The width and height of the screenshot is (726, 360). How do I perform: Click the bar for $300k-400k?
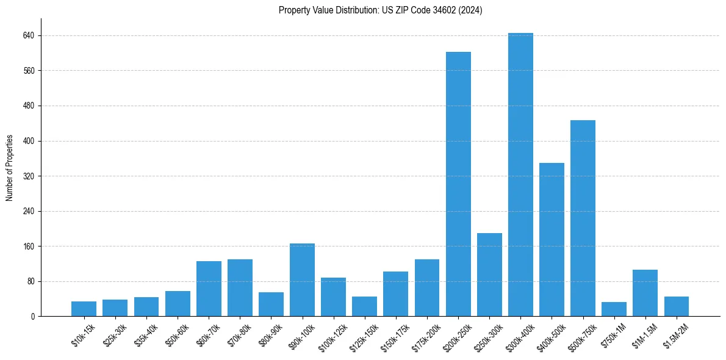tap(520, 175)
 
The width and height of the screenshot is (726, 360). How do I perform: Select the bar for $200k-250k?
tap(458, 184)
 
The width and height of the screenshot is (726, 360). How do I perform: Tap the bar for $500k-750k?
tap(583, 218)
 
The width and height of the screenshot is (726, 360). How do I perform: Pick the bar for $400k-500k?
tap(552, 240)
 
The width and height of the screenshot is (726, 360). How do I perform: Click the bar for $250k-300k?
tap(489, 275)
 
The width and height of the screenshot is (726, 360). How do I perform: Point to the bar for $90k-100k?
tap(302, 280)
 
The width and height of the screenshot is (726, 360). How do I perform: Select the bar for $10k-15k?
tap(84, 309)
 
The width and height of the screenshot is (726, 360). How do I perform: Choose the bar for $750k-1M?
tap(614, 309)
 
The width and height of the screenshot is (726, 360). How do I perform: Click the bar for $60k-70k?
tap(209, 289)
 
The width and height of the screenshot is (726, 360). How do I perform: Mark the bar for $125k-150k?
tap(364, 306)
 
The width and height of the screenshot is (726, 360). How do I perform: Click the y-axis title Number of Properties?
tap(10, 168)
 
